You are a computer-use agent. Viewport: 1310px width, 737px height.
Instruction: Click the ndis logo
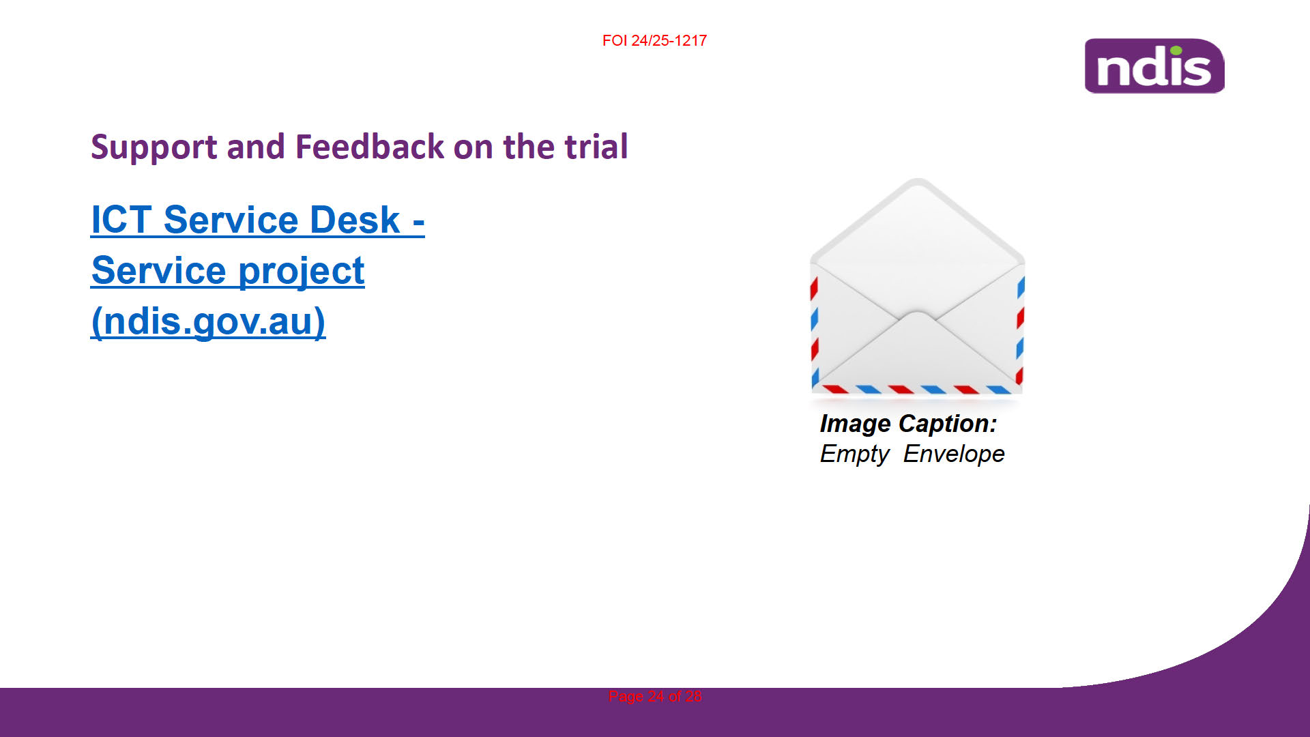1154,66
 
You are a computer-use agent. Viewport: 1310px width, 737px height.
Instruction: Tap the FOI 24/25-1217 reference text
654,41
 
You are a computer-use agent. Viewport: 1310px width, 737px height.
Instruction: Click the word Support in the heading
154,147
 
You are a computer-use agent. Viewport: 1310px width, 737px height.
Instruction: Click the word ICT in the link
121,220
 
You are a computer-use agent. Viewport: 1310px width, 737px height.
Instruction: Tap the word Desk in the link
355,220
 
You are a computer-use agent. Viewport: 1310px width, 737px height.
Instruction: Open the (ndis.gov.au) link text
208,321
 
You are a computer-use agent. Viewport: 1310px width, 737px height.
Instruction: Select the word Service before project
159,270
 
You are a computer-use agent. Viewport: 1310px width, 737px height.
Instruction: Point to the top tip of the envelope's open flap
918,179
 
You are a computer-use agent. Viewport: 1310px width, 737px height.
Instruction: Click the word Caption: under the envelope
948,424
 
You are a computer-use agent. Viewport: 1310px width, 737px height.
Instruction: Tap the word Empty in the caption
855,454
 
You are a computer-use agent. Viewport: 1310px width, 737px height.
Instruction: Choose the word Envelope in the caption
954,454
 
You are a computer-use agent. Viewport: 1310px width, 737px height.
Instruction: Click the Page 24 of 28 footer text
655,697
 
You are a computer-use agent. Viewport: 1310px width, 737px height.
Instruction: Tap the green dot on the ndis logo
1176,50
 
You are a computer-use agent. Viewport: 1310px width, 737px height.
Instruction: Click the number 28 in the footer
694,697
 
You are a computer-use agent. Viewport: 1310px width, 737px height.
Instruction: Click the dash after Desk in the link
419,222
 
